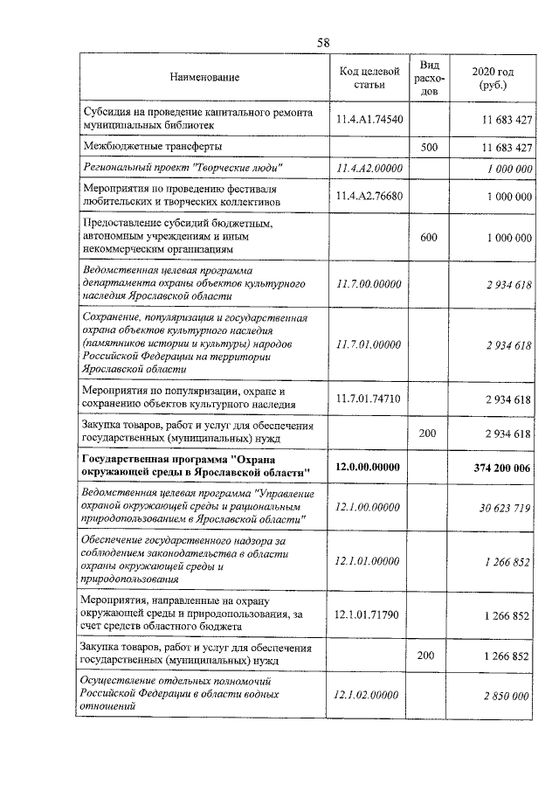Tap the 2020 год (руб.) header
493,78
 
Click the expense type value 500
428,147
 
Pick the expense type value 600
428,237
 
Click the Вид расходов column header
428,78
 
